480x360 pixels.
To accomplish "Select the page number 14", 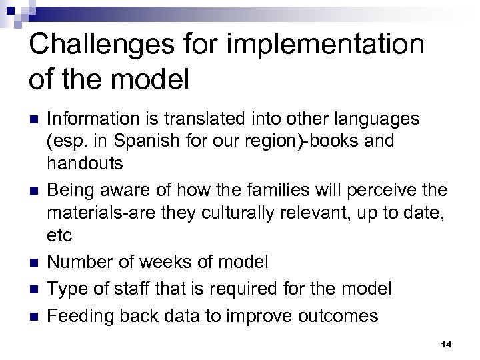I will tap(446, 344).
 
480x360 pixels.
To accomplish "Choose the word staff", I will tap(133, 289).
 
